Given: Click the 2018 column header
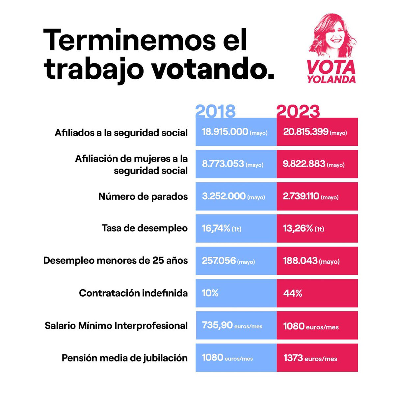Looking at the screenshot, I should coord(216,111).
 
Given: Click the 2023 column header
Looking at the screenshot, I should coord(298,111).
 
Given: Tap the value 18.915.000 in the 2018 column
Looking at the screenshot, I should coord(225,132).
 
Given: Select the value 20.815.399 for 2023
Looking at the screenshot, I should coord(306,132).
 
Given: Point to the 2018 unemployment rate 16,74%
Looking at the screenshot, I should coord(216,228).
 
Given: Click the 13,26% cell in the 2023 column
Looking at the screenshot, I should coord(298,228).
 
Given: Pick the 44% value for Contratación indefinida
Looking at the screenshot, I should coord(293,293).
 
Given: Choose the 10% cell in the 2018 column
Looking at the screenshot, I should coord(210,293).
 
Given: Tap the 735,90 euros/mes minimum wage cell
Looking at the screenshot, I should coord(232,326).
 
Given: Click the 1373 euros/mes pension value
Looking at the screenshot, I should coord(310,358).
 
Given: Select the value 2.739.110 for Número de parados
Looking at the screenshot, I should coord(301,197).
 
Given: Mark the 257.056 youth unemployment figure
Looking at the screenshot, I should coord(219,261).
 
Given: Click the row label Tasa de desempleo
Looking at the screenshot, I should coord(145,228).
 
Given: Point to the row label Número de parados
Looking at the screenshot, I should coord(143,197).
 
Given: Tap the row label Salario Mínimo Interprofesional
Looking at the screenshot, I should coord(116,326).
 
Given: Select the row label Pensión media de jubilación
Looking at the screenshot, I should coord(124,358).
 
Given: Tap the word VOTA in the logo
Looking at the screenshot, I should coord(331,67).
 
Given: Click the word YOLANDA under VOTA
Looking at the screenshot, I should coord(331,80).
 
